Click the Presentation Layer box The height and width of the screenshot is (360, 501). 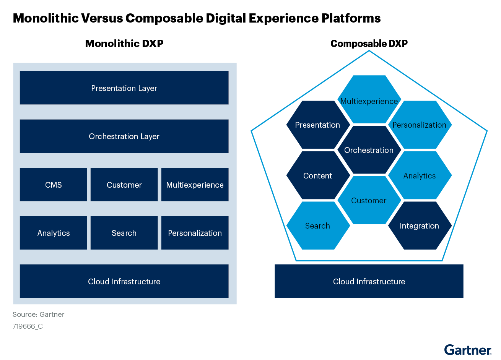pos(124,88)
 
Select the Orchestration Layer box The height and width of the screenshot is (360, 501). pos(124,136)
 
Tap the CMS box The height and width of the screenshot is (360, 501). pos(53,185)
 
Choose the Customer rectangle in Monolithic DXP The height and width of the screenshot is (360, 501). pos(124,185)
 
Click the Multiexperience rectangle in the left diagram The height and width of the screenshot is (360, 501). pos(195,185)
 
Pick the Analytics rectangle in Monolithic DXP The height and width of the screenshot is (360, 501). pos(53,233)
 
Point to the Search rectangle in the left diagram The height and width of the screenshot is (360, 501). pos(124,233)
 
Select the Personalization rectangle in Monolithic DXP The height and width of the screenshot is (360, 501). pos(195,233)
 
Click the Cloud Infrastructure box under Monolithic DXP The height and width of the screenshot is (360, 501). pos(124,281)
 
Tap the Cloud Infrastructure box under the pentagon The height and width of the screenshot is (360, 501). pos(369,281)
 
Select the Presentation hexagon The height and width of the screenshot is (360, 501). pos(317,125)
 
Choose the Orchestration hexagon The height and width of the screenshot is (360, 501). pos(369,150)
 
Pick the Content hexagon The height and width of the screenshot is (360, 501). pos(317,175)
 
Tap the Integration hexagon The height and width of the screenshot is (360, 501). pos(419,225)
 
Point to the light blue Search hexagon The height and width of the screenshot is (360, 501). pos(317,225)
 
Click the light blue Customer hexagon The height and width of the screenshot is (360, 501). pos(369,200)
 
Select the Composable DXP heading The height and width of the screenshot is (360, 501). pos(369,44)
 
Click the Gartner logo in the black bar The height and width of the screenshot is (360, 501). pos(467,350)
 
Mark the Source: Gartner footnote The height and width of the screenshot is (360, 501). pos(38,315)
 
